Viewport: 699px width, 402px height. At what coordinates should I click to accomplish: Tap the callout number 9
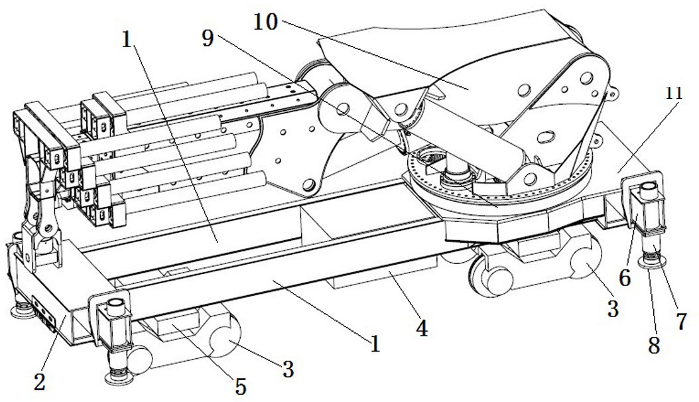click(208, 38)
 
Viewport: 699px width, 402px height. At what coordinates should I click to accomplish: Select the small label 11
click(674, 93)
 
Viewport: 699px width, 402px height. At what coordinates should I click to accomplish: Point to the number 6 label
click(625, 279)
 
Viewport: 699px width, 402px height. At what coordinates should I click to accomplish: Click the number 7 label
click(681, 322)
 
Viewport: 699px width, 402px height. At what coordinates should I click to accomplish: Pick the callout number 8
click(654, 345)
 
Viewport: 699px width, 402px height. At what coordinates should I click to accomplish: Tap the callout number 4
click(422, 329)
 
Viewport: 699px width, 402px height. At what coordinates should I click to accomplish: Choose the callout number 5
click(241, 387)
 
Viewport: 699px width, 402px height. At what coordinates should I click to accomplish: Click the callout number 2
click(40, 382)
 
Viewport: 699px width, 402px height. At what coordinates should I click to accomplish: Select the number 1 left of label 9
click(127, 40)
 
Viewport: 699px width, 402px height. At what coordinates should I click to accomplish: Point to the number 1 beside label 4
click(375, 344)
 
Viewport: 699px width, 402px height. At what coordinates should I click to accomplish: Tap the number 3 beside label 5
click(288, 369)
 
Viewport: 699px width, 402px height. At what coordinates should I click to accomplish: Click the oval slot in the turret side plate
click(546, 136)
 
